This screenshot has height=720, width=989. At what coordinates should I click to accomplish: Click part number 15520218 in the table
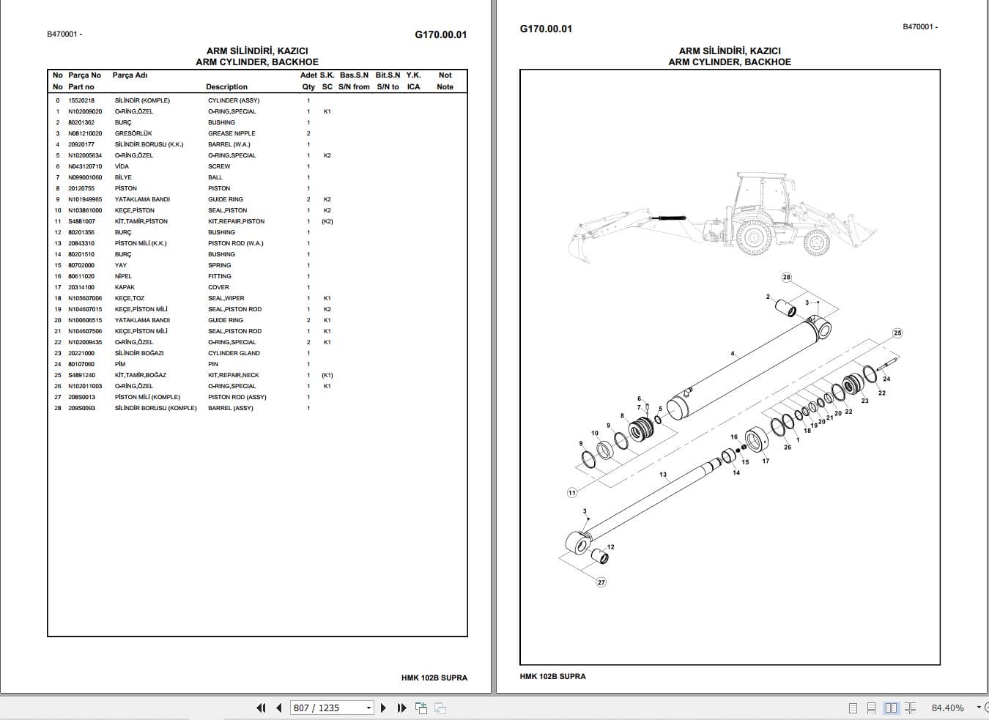[x=81, y=100]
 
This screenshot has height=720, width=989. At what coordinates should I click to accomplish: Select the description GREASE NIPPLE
[x=231, y=133]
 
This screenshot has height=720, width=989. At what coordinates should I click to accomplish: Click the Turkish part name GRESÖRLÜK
[x=133, y=133]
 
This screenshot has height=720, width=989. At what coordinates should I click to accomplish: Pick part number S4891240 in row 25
[x=81, y=375]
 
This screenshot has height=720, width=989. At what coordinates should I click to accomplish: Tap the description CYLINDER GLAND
[x=234, y=353]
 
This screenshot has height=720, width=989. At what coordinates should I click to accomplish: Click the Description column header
[x=226, y=86]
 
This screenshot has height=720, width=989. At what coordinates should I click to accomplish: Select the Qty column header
[x=308, y=86]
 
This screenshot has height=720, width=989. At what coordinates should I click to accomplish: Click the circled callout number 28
[x=786, y=278]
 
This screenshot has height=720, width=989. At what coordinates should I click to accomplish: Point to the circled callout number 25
[x=897, y=333]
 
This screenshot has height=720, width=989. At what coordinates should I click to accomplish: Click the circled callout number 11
[x=572, y=493]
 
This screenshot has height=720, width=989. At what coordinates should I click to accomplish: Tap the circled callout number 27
[x=601, y=582]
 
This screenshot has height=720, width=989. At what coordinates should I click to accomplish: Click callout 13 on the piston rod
[x=663, y=475]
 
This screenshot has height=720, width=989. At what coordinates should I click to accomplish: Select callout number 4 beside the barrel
[x=732, y=354]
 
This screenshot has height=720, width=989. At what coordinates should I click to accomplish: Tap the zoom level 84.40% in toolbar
[x=947, y=708]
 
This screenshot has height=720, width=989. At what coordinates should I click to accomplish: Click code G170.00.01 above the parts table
[x=440, y=34]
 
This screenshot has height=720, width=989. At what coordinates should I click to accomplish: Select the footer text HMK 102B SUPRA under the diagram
[x=552, y=676]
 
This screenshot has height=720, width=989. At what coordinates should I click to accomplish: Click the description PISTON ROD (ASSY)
[x=237, y=397]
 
